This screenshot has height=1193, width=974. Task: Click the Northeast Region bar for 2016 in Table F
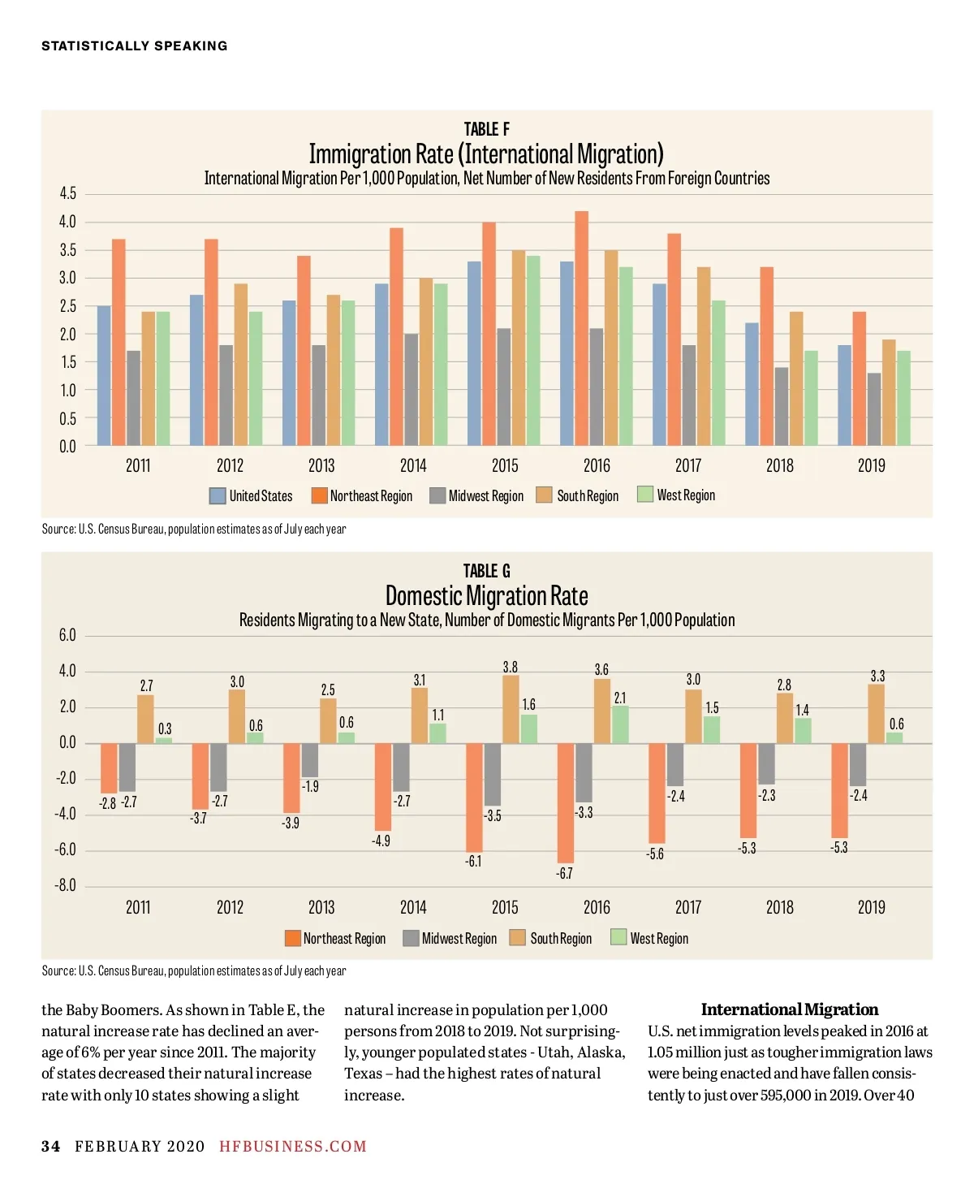[582, 328]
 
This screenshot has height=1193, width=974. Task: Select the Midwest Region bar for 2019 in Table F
[873, 409]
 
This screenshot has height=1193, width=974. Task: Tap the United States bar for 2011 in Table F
[104, 375]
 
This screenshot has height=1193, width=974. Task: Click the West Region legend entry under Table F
[676, 495]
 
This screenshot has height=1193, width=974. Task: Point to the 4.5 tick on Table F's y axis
[67, 194]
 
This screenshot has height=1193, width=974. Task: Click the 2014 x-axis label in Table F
[413, 465]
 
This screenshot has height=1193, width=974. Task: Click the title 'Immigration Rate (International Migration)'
[486, 153]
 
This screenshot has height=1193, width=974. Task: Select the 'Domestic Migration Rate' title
[486, 595]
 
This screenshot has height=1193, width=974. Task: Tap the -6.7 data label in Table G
[564, 874]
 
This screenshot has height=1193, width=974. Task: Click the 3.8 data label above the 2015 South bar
[510, 667]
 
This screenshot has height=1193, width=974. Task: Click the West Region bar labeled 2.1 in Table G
[620, 724]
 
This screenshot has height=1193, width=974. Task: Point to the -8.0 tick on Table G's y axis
[66, 885]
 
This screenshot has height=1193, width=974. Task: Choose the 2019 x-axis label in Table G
[871, 907]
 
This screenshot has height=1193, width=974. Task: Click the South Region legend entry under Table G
[551, 938]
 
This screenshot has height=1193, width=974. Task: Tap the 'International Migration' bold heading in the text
[789, 1009]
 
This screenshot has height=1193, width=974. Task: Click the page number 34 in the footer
[50, 1146]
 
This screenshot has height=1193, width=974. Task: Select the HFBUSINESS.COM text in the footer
[293, 1146]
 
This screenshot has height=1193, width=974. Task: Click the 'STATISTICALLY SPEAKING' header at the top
[135, 46]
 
